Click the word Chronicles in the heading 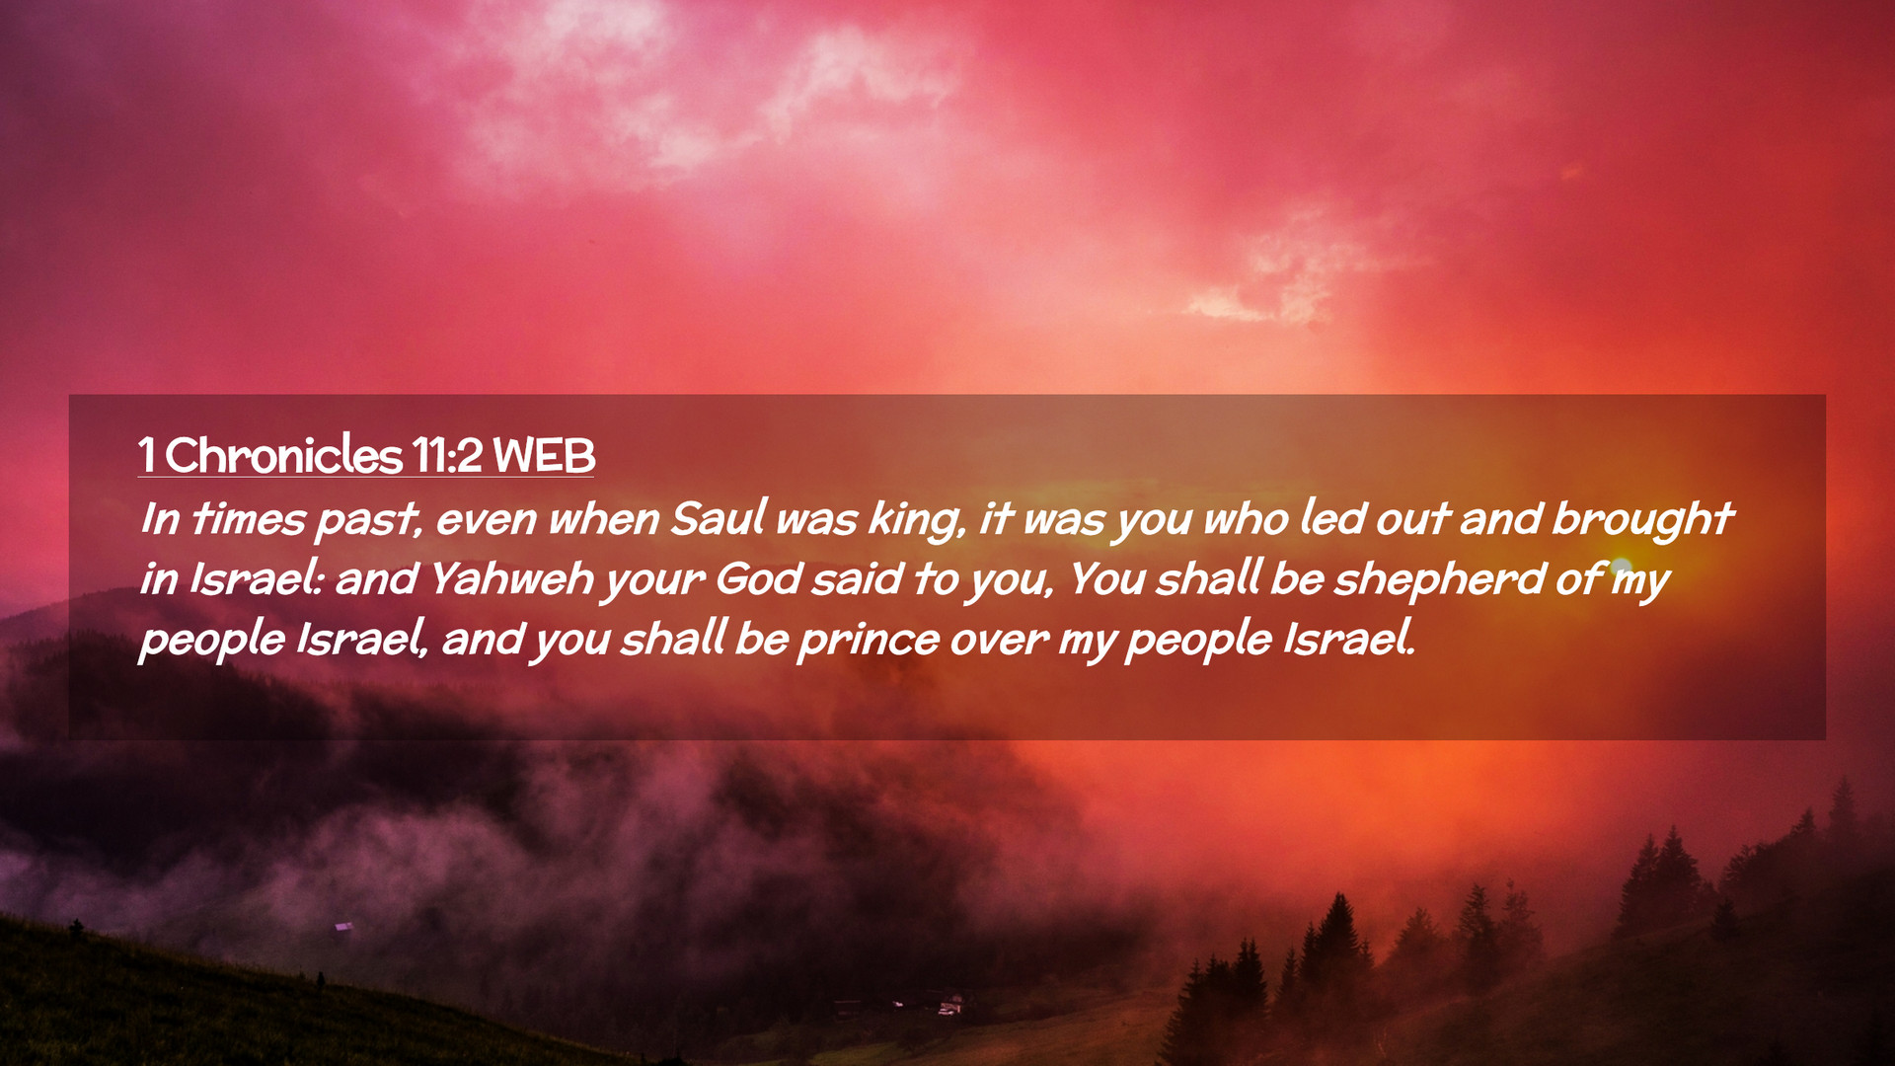pos(283,455)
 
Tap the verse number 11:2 pos(447,456)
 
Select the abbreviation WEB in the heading pos(544,456)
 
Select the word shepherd pos(1439,580)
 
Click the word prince pos(869,641)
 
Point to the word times pos(249,519)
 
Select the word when pos(604,518)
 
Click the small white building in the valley pos(949,1007)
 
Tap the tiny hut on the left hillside pos(343,926)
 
